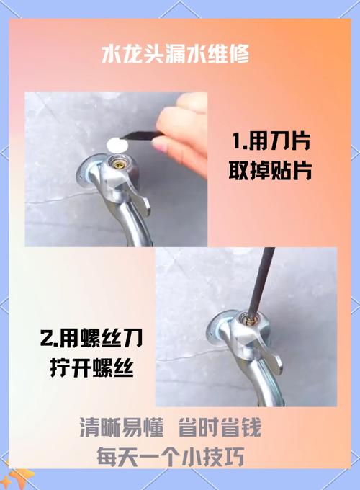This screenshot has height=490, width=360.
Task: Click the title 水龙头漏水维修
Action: pos(175,54)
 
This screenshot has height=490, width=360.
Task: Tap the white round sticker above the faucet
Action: pos(117,145)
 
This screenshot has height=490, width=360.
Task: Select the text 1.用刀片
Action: pos(271,141)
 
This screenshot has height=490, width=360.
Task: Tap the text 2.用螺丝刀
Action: pos(91,339)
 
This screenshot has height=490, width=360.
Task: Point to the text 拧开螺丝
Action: pos(91,367)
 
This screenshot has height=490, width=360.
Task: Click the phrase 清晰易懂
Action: pos(122,427)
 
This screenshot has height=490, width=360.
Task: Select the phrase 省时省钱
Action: pos(220,427)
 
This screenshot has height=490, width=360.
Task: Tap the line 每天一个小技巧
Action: pos(171,457)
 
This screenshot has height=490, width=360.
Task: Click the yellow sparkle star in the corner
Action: pos(19,476)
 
